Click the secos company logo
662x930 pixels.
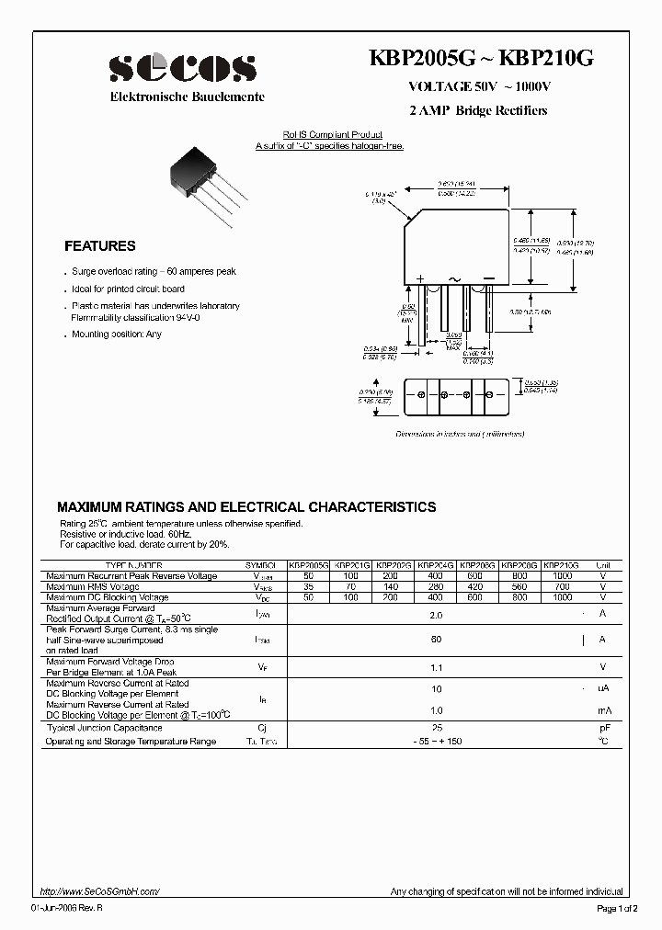(x=183, y=68)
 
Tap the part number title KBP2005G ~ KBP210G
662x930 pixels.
(x=481, y=60)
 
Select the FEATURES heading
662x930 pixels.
(x=99, y=246)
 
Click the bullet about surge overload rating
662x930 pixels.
(x=154, y=272)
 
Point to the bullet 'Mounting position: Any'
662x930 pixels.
(x=117, y=335)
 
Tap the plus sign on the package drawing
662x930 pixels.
(x=420, y=278)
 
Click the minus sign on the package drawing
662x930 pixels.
(x=488, y=278)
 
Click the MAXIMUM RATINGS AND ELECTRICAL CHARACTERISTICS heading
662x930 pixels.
(x=246, y=506)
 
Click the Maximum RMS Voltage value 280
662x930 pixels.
(x=435, y=586)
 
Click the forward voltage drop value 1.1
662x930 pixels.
(x=437, y=668)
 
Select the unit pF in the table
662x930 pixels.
(x=603, y=727)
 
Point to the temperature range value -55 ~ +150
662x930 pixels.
(x=438, y=741)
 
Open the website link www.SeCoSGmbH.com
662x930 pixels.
(x=101, y=891)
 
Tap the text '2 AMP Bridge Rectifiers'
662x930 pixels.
(x=478, y=110)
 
